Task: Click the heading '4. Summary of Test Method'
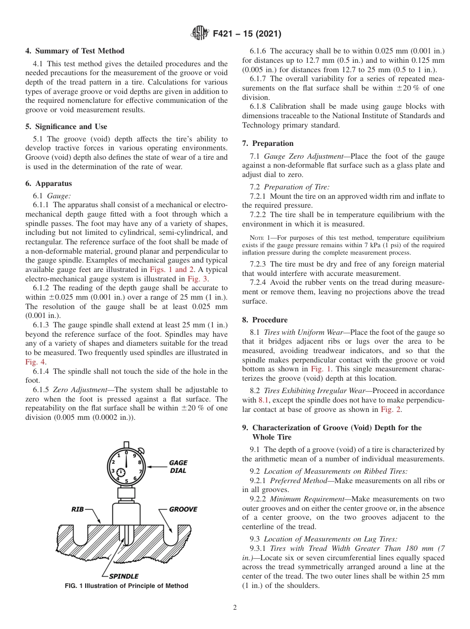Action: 75,51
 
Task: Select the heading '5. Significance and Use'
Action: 66,127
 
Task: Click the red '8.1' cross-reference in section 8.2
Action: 264,400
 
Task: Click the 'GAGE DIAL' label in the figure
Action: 178,467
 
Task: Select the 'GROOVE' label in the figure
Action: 183,509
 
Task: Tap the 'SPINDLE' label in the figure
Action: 123,576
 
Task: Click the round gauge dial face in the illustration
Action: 126,466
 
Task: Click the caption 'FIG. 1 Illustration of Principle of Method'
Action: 127,586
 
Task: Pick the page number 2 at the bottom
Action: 235,608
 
